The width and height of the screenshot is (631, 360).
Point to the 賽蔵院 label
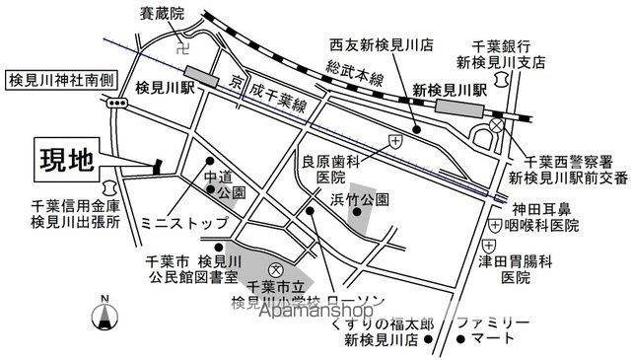(x=163, y=14)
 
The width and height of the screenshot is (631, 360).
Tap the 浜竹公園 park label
(x=360, y=199)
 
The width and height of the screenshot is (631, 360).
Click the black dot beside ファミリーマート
(x=461, y=340)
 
